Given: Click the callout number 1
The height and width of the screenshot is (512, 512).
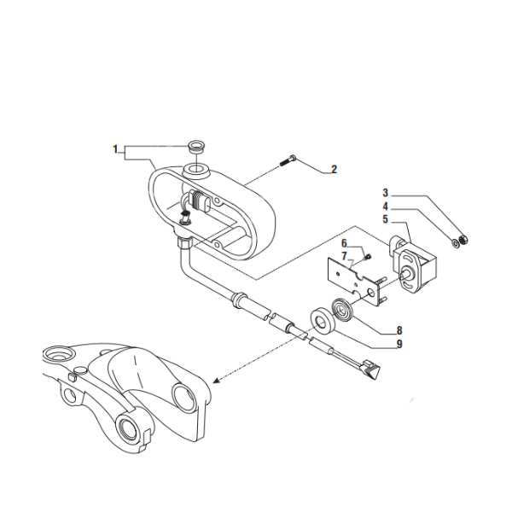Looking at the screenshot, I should [x=114, y=149].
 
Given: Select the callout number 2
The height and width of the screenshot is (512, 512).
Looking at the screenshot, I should [x=334, y=169].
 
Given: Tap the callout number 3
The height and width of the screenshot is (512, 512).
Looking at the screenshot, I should [x=385, y=193].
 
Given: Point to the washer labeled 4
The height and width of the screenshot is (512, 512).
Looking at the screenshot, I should [x=455, y=243].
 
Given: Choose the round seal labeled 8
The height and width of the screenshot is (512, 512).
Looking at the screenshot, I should [x=344, y=309].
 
